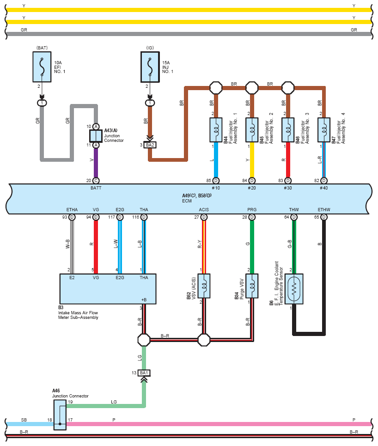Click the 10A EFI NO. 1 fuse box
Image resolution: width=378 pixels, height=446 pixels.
coord(42,67)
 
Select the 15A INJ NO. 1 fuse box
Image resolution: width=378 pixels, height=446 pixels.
coord(150,67)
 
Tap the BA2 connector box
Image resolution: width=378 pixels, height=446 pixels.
coord(150,145)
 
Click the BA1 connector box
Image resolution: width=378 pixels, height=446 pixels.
coord(144,373)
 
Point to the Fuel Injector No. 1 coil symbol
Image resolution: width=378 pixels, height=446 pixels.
coord(216,130)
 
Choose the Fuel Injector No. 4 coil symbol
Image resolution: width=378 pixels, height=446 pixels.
coord(323,130)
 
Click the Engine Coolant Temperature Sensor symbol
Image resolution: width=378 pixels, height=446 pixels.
coord(294,289)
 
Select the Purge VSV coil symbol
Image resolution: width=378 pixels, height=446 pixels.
coord(252,286)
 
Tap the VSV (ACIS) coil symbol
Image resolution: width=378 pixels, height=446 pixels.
coord(204,286)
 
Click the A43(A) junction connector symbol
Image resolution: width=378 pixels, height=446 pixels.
coord(96,136)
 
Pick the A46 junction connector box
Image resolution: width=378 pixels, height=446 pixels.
coord(60,415)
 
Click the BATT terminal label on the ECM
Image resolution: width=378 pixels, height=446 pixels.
coord(96,188)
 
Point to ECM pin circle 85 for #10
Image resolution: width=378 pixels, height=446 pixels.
coord(216,181)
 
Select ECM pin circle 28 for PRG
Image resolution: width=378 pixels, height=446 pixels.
coord(252,217)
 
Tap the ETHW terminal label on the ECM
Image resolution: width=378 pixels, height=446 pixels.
coord(323,210)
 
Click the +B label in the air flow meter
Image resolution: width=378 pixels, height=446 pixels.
coord(144,300)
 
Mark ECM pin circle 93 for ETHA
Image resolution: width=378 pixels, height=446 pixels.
coord(72,217)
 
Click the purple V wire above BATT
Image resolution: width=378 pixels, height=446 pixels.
coord(96,163)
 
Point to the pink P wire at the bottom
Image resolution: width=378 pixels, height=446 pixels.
coord(219,424)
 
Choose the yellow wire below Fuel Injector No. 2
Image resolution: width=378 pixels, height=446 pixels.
coord(252,160)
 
